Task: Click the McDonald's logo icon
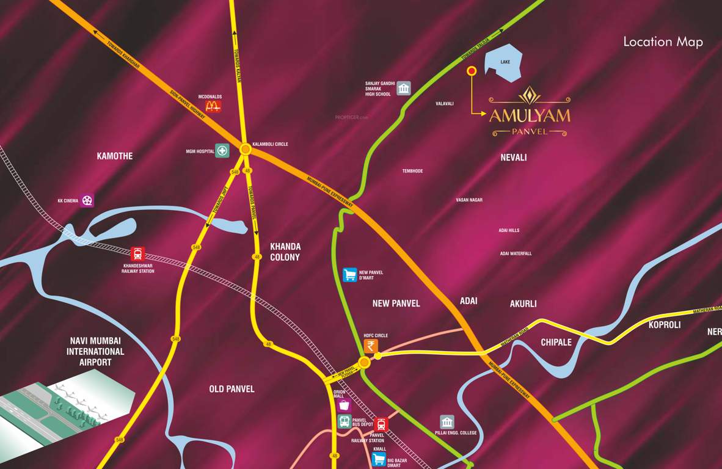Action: click(213, 106)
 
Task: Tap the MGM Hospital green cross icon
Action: click(222, 150)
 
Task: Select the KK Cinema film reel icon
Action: click(87, 200)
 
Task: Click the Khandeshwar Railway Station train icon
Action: click(138, 253)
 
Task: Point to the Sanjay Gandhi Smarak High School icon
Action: click(404, 89)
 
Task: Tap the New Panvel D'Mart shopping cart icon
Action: click(349, 275)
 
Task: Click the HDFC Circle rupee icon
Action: click(371, 346)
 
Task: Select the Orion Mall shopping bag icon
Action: click(345, 405)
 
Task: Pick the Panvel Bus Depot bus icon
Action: click(345, 421)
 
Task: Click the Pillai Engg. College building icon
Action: click(447, 422)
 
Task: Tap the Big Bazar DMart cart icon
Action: click(379, 459)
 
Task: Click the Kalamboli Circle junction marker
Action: click(246, 148)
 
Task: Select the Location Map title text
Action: click(663, 42)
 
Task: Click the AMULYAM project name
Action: click(530, 115)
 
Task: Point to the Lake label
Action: click(505, 62)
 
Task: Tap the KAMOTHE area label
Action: click(115, 156)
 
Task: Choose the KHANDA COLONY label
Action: click(285, 252)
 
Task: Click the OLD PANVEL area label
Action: click(232, 389)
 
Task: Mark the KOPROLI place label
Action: click(665, 325)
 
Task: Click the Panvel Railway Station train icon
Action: click(381, 424)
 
